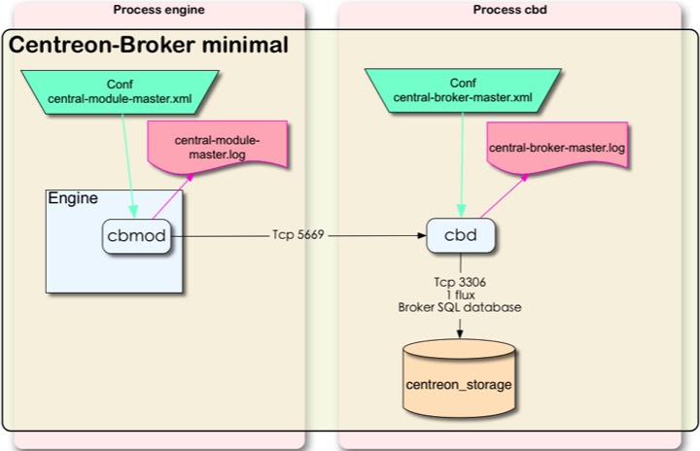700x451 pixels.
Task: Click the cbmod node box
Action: tap(137, 236)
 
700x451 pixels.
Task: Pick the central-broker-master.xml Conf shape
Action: tap(463, 90)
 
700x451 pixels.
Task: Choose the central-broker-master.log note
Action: tap(557, 149)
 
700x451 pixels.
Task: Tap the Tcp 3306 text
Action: tap(459, 282)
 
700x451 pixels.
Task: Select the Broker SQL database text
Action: tap(459, 307)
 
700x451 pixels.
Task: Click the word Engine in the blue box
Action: tap(73, 199)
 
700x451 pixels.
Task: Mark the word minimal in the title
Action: tap(241, 45)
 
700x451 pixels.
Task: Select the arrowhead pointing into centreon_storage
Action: tap(459, 333)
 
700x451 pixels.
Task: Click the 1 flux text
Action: tap(459, 295)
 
